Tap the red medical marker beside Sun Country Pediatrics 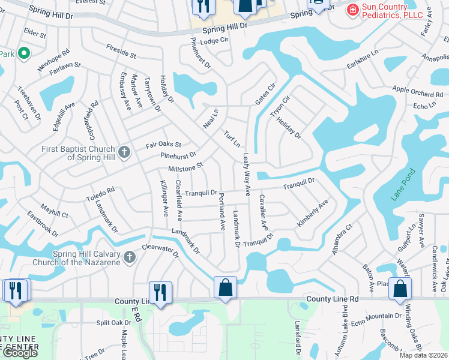coord(352,8)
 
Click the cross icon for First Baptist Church coord(124,152)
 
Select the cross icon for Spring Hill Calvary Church coord(130,258)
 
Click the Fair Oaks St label coord(163,145)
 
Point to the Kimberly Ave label coord(313,214)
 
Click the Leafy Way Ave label coord(246,175)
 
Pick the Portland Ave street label coord(221,212)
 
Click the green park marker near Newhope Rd coord(24,53)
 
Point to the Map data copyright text coord(424,355)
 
